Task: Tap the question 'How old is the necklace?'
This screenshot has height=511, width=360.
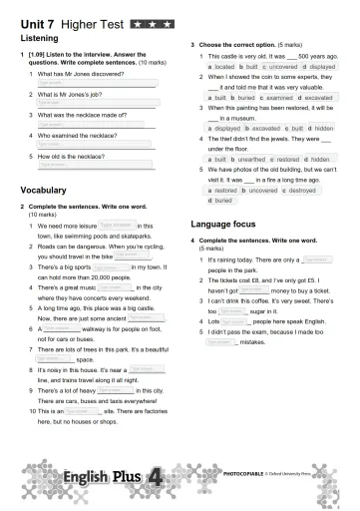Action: click(x=71, y=156)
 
